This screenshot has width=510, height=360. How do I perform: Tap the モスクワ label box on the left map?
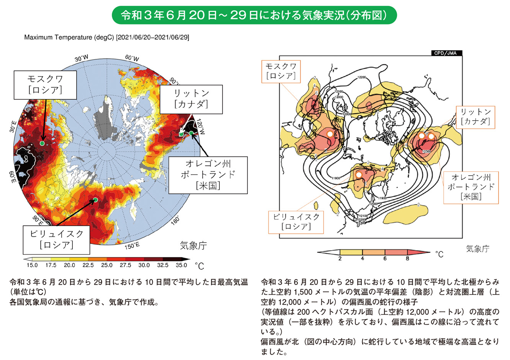pos(44,84)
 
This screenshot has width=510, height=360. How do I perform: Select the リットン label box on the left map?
pos(191,99)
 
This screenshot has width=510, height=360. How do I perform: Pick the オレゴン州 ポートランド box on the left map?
pos(208,175)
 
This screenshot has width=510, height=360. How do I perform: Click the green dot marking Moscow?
pos(42,143)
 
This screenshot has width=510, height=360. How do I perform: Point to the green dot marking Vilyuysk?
pos(95,200)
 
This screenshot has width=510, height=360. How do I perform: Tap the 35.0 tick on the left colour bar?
pos(181,265)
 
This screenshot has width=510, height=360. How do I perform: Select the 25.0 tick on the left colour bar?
pos(107,265)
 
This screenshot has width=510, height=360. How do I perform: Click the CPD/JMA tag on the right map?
pos(446,53)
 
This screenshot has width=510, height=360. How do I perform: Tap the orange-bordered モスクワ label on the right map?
pos(281,71)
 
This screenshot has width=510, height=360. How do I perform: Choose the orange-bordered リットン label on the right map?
pos(475,117)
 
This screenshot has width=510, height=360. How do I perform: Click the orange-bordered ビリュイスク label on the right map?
pos(296,222)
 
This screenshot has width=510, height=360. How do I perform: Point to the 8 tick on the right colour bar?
pos(407,259)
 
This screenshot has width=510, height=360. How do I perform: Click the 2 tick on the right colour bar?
pos(340,259)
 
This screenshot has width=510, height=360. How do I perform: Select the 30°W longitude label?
pos(81,59)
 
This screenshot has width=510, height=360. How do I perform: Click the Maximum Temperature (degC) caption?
pos(106,37)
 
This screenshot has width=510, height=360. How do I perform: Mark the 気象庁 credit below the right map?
pos(477,249)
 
